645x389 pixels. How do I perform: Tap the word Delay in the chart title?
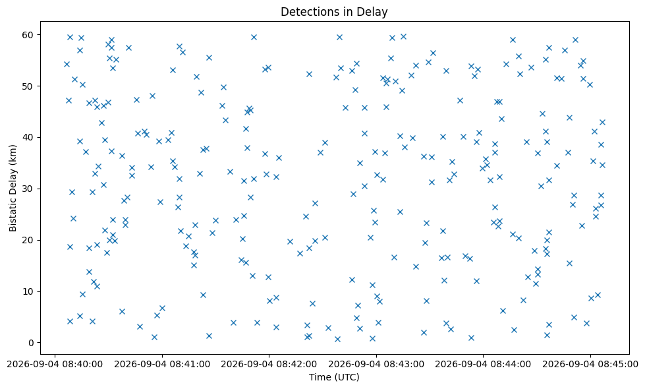(x=375, y=12)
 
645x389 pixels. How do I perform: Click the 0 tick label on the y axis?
(x=30, y=342)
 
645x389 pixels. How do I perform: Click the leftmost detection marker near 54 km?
(x=67, y=64)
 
